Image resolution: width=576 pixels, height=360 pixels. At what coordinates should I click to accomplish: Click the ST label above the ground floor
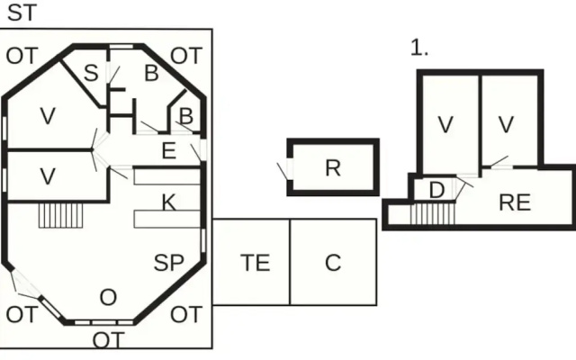click(x=22, y=13)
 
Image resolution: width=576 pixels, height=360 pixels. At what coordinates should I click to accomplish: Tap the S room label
click(x=91, y=73)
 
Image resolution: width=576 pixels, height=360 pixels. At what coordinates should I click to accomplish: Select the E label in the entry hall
click(x=169, y=150)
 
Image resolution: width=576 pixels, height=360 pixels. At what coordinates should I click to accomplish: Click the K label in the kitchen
click(x=169, y=202)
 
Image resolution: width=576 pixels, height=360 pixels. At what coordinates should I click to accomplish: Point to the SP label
click(x=168, y=263)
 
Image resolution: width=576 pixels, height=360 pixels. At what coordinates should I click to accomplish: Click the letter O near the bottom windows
click(x=108, y=297)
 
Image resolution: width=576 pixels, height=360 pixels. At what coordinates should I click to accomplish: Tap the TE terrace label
click(x=256, y=263)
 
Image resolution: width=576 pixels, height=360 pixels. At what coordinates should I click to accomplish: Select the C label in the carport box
click(x=333, y=263)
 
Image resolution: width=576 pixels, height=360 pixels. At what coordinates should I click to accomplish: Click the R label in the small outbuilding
click(x=333, y=168)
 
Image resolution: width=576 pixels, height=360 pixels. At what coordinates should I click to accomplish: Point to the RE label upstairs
click(x=515, y=202)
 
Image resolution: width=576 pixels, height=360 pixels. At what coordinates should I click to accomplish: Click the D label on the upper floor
click(x=436, y=190)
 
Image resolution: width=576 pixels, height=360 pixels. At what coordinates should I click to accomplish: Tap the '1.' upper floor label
click(x=419, y=48)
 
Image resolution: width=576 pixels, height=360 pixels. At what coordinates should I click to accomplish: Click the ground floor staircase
click(x=60, y=216)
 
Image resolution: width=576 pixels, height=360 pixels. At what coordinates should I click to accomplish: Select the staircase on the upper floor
click(x=433, y=214)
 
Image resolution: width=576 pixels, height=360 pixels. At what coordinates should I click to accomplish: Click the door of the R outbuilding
click(x=290, y=170)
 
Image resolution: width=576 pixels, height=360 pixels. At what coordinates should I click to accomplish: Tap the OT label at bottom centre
click(x=108, y=340)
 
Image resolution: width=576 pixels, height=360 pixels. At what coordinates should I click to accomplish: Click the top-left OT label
click(x=22, y=56)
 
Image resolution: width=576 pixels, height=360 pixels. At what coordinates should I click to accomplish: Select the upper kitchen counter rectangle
click(x=167, y=176)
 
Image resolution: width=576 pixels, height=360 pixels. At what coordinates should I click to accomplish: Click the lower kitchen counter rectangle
click(x=167, y=219)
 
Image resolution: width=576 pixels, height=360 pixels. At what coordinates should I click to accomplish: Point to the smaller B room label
click(x=186, y=116)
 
